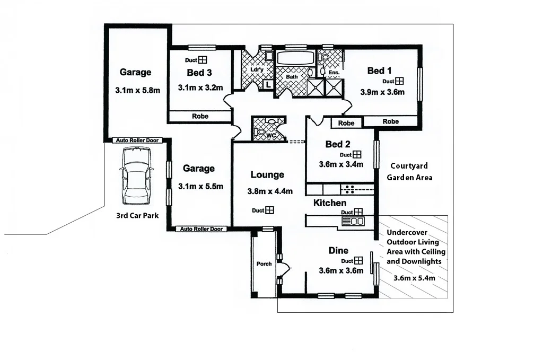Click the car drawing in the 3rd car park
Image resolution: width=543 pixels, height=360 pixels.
(x=137, y=176)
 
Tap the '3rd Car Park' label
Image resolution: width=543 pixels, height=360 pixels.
(x=137, y=216)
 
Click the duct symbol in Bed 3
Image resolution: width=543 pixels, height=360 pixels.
(x=203, y=60)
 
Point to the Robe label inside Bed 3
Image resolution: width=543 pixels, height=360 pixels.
(x=200, y=116)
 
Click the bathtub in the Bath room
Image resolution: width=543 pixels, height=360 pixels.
(x=294, y=58)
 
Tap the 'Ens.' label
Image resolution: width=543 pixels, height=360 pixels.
(x=334, y=72)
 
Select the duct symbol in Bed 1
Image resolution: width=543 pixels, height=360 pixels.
(x=399, y=81)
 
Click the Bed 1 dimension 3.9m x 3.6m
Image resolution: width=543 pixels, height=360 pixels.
(x=382, y=92)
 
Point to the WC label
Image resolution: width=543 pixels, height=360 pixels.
(x=271, y=136)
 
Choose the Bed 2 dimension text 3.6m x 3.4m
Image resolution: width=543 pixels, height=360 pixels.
(x=341, y=164)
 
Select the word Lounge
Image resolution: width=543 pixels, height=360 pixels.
(x=267, y=175)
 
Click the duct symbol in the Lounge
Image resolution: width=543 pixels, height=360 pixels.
(x=270, y=210)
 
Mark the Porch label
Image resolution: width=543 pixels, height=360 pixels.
(x=264, y=264)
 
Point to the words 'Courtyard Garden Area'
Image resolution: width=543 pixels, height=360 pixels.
(x=409, y=171)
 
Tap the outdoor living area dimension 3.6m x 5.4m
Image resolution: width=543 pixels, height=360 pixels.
(x=414, y=278)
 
